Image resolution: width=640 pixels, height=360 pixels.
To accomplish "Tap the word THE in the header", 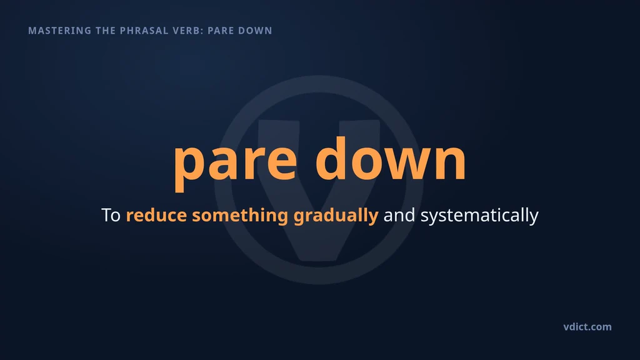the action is (x=106, y=31).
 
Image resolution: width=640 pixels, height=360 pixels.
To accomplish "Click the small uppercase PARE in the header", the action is (x=221, y=31).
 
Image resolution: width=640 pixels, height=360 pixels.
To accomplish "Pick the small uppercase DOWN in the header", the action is (x=256, y=31).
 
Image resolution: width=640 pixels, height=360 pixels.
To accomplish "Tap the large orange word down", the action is (x=391, y=158).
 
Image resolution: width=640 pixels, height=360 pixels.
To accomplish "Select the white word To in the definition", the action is (x=111, y=215).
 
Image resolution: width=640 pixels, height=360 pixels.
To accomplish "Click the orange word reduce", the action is (x=156, y=215).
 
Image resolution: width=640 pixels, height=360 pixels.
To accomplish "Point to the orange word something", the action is (x=240, y=216).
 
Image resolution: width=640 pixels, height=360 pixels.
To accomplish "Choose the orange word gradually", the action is (x=336, y=216).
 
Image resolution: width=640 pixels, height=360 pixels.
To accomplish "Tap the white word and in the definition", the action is (x=399, y=215).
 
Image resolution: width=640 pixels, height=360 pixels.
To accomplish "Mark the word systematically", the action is (x=479, y=216).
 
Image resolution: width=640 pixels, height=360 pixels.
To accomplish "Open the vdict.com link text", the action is (x=587, y=327).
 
